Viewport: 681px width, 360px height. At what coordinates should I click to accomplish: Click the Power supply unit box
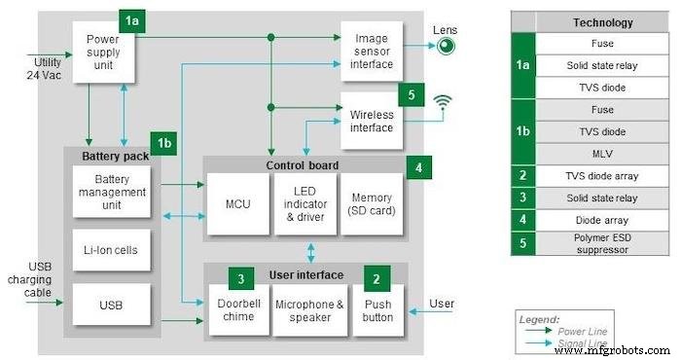tap(103, 53)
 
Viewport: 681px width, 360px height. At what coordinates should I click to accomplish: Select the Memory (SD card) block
tap(371, 204)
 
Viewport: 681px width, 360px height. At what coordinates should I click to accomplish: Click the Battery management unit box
tap(112, 192)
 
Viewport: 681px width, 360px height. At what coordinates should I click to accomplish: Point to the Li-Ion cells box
tap(112, 250)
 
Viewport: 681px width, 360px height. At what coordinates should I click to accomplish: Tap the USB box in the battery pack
tap(112, 306)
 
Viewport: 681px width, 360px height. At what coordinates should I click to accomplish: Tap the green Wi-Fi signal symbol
tap(444, 101)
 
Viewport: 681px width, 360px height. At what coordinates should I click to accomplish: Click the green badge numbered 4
tap(417, 166)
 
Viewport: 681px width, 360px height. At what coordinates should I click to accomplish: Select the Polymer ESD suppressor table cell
tap(600, 243)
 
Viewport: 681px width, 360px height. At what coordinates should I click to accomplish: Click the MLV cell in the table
tap(600, 154)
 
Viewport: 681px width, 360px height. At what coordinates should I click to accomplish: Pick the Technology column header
tap(600, 22)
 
